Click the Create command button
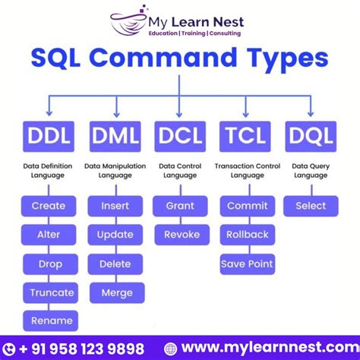click(x=49, y=206)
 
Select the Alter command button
click(x=49, y=235)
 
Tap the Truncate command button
click(x=52, y=292)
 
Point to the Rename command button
click(x=52, y=321)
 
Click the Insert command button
click(x=115, y=206)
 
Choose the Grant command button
click(x=180, y=206)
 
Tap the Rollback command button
click(x=247, y=235)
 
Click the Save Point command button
click(x=247, y=264)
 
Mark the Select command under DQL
click(x=311, y=206)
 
